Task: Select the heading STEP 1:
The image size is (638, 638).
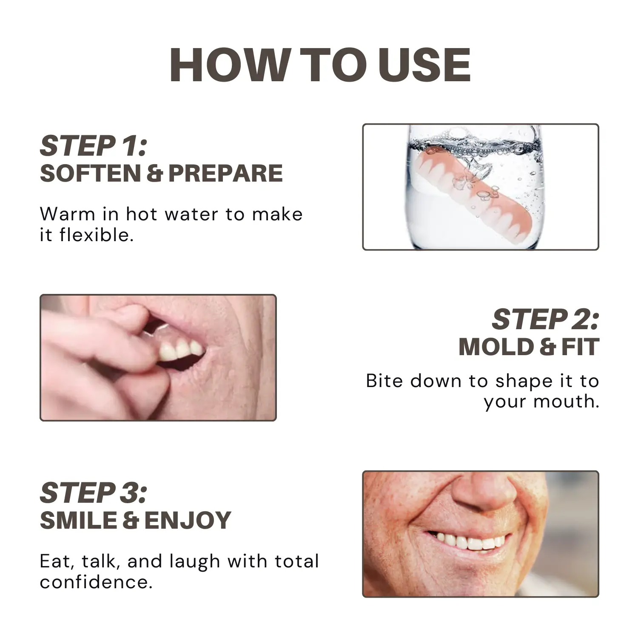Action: (94, 146)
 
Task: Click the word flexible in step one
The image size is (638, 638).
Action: (97, 235)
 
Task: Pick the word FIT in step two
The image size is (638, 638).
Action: (580, 347)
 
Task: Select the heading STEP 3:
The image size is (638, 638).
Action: (94, 493)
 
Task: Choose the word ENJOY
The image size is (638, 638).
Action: (188, 521)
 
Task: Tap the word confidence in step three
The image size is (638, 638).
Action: (96, 582)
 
